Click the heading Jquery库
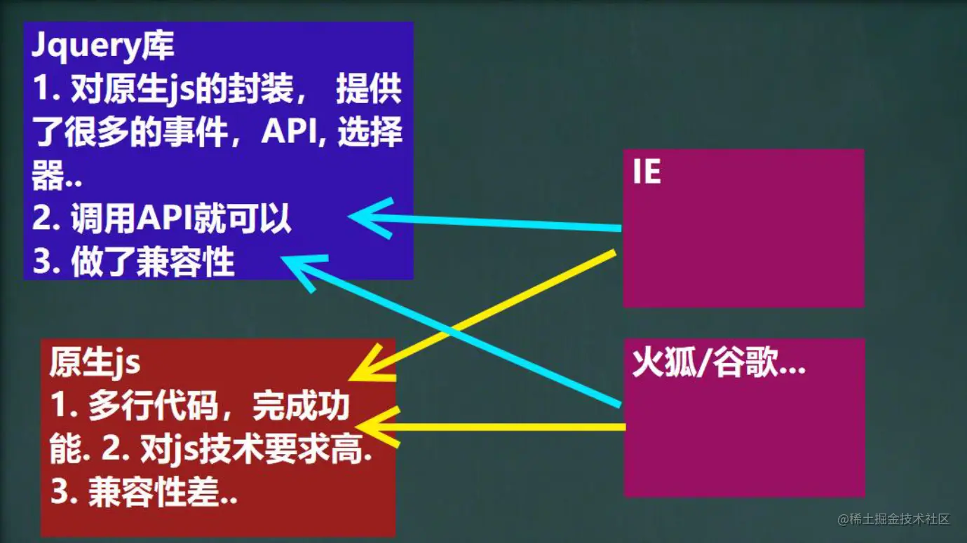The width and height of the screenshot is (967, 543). point(102,47)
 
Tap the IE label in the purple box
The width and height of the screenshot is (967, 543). point(647,173)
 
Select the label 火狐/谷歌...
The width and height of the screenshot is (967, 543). point(719,365)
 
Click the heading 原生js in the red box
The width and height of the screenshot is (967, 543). point(95,364)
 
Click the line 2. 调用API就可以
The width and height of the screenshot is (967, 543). point(161,221)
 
